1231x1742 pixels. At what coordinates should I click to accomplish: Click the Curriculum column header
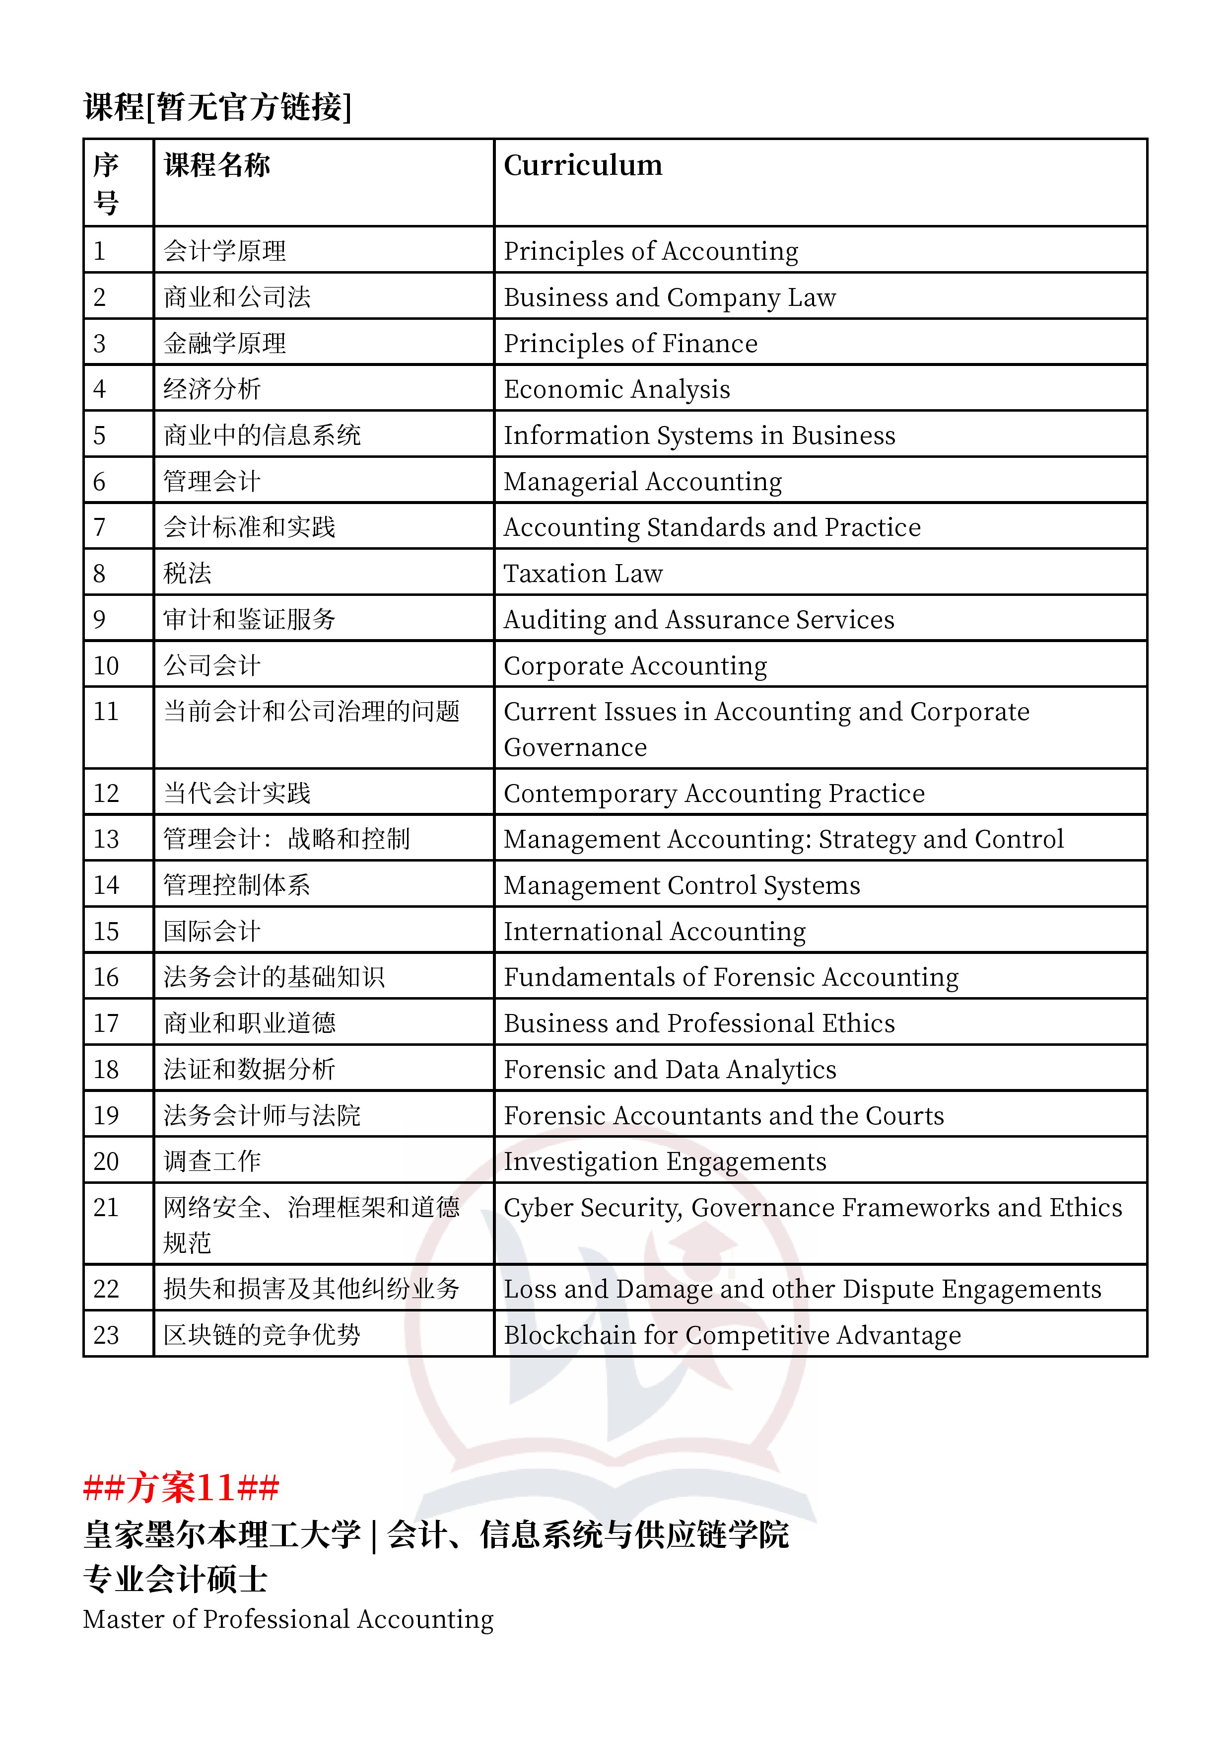tap(583, 165)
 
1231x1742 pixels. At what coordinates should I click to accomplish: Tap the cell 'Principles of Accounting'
tap(651, 251)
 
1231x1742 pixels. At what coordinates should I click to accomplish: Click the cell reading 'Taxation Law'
tap(583, 574)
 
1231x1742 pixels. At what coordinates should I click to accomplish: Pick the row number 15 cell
tap(106, 931)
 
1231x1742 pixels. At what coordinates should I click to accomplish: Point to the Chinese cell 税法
tap(187, 574)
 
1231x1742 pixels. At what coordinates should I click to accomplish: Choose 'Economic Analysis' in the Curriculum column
tap(616, 389)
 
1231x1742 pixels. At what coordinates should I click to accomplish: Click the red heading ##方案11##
tap(181, 1487)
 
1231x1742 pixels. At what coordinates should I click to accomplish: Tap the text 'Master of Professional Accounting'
tap(288, 1619)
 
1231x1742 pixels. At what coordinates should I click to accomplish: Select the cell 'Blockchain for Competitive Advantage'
tap(732, 1335)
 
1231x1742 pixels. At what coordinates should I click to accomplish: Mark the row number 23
tap(106, 1335)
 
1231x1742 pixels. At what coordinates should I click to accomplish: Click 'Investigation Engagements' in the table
tap(665, 1161)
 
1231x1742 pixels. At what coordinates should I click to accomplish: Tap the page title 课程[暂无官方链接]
tap(218, 107)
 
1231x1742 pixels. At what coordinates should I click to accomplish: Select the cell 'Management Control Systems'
tap(682, 885)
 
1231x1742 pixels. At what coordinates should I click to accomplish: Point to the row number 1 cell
tap(99, 251)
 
